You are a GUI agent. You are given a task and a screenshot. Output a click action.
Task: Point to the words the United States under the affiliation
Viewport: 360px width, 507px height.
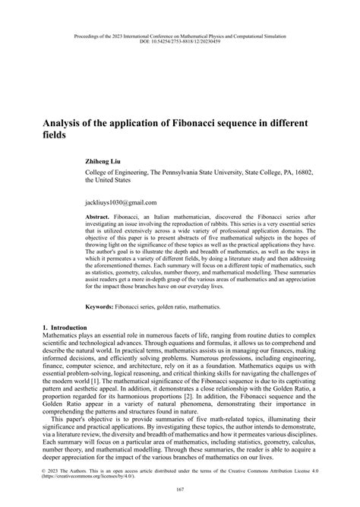108,182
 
